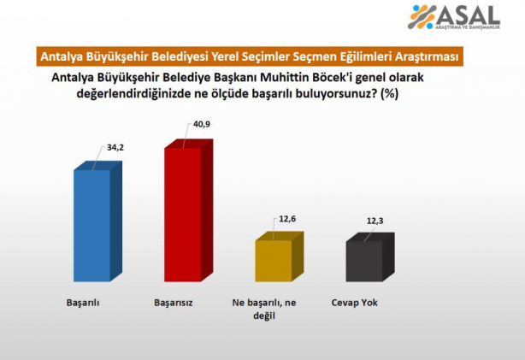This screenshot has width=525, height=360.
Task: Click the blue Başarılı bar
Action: tap(91, 224)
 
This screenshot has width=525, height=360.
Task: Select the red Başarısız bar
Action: tap(182, 214)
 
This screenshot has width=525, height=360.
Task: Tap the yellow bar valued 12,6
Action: tap(273, 260)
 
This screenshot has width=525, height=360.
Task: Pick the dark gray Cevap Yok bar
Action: tap(363, 260)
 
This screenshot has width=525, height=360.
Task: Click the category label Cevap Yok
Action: tap(353, 303)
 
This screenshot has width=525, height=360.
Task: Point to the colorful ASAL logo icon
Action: tap(422, 17)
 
